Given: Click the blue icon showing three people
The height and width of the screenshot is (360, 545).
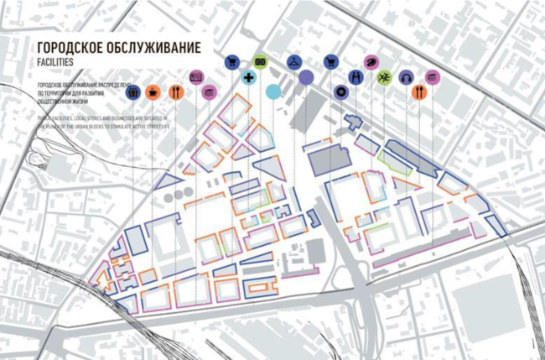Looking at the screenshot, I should (x=133, y=92).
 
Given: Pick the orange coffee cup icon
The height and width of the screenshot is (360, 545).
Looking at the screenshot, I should (x=153, y=92).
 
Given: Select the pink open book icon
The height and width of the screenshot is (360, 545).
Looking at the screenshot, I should (x=196, y=76).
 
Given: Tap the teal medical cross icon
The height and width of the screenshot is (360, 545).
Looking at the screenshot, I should (x=249, y=77).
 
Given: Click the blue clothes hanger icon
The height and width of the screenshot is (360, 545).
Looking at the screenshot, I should (x=293, y=61).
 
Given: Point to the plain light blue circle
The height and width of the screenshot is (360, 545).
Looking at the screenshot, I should (x=272, y=91).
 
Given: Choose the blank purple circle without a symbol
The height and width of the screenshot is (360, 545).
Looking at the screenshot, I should (x=306, y=77).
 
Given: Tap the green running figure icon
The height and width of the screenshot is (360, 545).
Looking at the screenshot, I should (x=384, y=77).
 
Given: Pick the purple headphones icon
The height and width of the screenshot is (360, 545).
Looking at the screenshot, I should (x=406, y=77).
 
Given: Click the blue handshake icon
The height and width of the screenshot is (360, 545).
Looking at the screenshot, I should (x=355, y=77).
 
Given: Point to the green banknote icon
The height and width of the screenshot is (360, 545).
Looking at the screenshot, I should (x=260, y=61).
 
